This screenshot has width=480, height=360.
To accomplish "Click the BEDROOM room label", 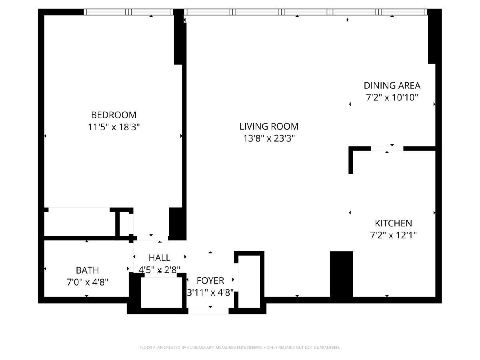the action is tap(114, 115).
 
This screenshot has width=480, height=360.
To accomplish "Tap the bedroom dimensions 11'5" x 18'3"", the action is tap(114, 127).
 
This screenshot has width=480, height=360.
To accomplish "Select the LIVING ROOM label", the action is tap(269, 126).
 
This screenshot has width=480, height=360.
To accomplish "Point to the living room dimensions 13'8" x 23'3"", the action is tap(269, 138).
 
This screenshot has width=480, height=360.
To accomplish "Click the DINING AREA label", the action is tap(392, 86).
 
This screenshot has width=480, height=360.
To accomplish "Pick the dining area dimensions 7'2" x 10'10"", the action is tap(392, 98).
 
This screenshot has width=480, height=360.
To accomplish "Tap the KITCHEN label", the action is tap(394, 223).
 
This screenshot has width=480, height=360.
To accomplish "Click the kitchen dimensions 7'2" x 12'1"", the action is tap(393, 236).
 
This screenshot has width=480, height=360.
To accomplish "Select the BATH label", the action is tap(87, 270).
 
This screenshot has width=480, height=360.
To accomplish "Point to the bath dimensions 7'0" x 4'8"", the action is tap(87, 282).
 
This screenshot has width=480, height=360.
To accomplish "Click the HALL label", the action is tap(159, 258).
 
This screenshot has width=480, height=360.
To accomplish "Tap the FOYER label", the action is tap(210, 281).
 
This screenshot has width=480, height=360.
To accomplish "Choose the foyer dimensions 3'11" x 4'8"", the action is tap(210, 293).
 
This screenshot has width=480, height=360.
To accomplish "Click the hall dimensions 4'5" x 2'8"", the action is tap(159, 270).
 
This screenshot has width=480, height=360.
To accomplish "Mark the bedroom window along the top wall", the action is tap(128, 12).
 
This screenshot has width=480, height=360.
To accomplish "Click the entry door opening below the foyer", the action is tap(208, 311).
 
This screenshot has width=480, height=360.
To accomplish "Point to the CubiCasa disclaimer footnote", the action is tap(240, 348).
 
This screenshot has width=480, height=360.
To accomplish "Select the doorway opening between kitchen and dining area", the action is tap(387, 149).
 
